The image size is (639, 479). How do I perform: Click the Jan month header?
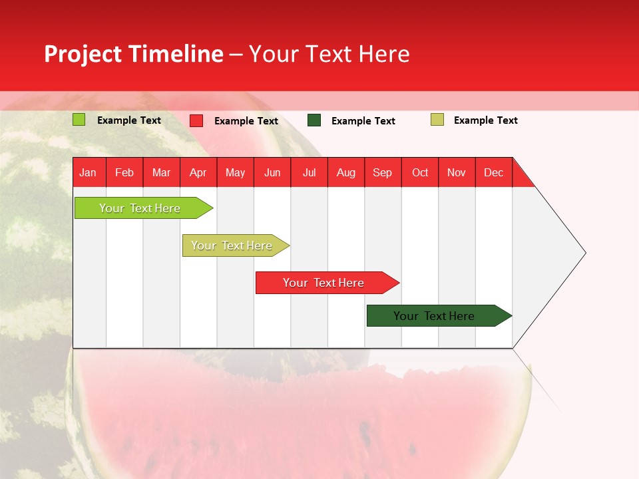pos(89,172)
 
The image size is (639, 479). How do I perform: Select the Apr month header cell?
pos(198,172)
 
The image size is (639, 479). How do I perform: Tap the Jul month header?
pos(309,172)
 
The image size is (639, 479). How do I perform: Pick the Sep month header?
pos(383,172)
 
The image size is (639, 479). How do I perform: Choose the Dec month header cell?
pos(493,172)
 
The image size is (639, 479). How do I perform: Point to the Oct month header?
pos(420,172)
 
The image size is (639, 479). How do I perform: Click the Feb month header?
pos(124,172)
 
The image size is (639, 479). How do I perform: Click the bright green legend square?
pos(79,120)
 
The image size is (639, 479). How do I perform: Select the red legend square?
pos(196,120)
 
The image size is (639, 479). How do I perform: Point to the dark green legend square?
pos(314,120)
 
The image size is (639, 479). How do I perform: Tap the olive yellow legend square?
pos(437,120)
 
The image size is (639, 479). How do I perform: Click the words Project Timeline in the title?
pos(133,54)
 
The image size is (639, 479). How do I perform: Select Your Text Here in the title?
pos(329,54)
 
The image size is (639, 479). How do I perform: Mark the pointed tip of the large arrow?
pos(584,252)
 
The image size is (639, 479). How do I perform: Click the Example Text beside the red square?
pos(246,121)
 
